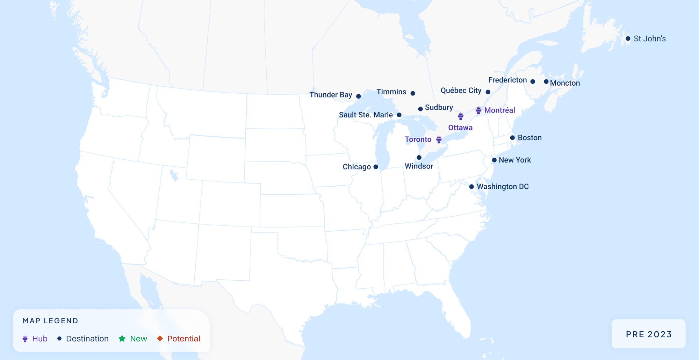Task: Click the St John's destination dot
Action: click(x=628, y=38)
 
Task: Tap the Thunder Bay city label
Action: click(x=331, y=95)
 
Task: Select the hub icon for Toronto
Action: click(x=439, y=139)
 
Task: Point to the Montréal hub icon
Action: click(x=478, y=110)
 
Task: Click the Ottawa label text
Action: click(x=460, y=128)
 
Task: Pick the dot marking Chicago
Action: click(x=376, y=167)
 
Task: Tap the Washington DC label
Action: click(x=503, y=187)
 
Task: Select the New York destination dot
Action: click(x=494, y=160)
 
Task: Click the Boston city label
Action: click(x=529, y=138)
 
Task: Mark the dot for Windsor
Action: click(x=419, y=158)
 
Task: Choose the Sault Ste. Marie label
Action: click(x=366, y=115)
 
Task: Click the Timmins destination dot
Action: click(x=413, y=93)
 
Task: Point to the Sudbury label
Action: click(x=439, y=107)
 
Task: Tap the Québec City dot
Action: click(x=488, y=92)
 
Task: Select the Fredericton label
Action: click(x=507, y=80)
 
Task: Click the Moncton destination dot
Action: click(x=546, y=81)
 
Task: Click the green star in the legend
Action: click(x=122, y=338)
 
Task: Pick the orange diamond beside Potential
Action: click(x=160, y=338)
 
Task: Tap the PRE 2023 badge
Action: click(x=649, y=334)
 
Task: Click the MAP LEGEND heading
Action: click(x=50, y=321)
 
